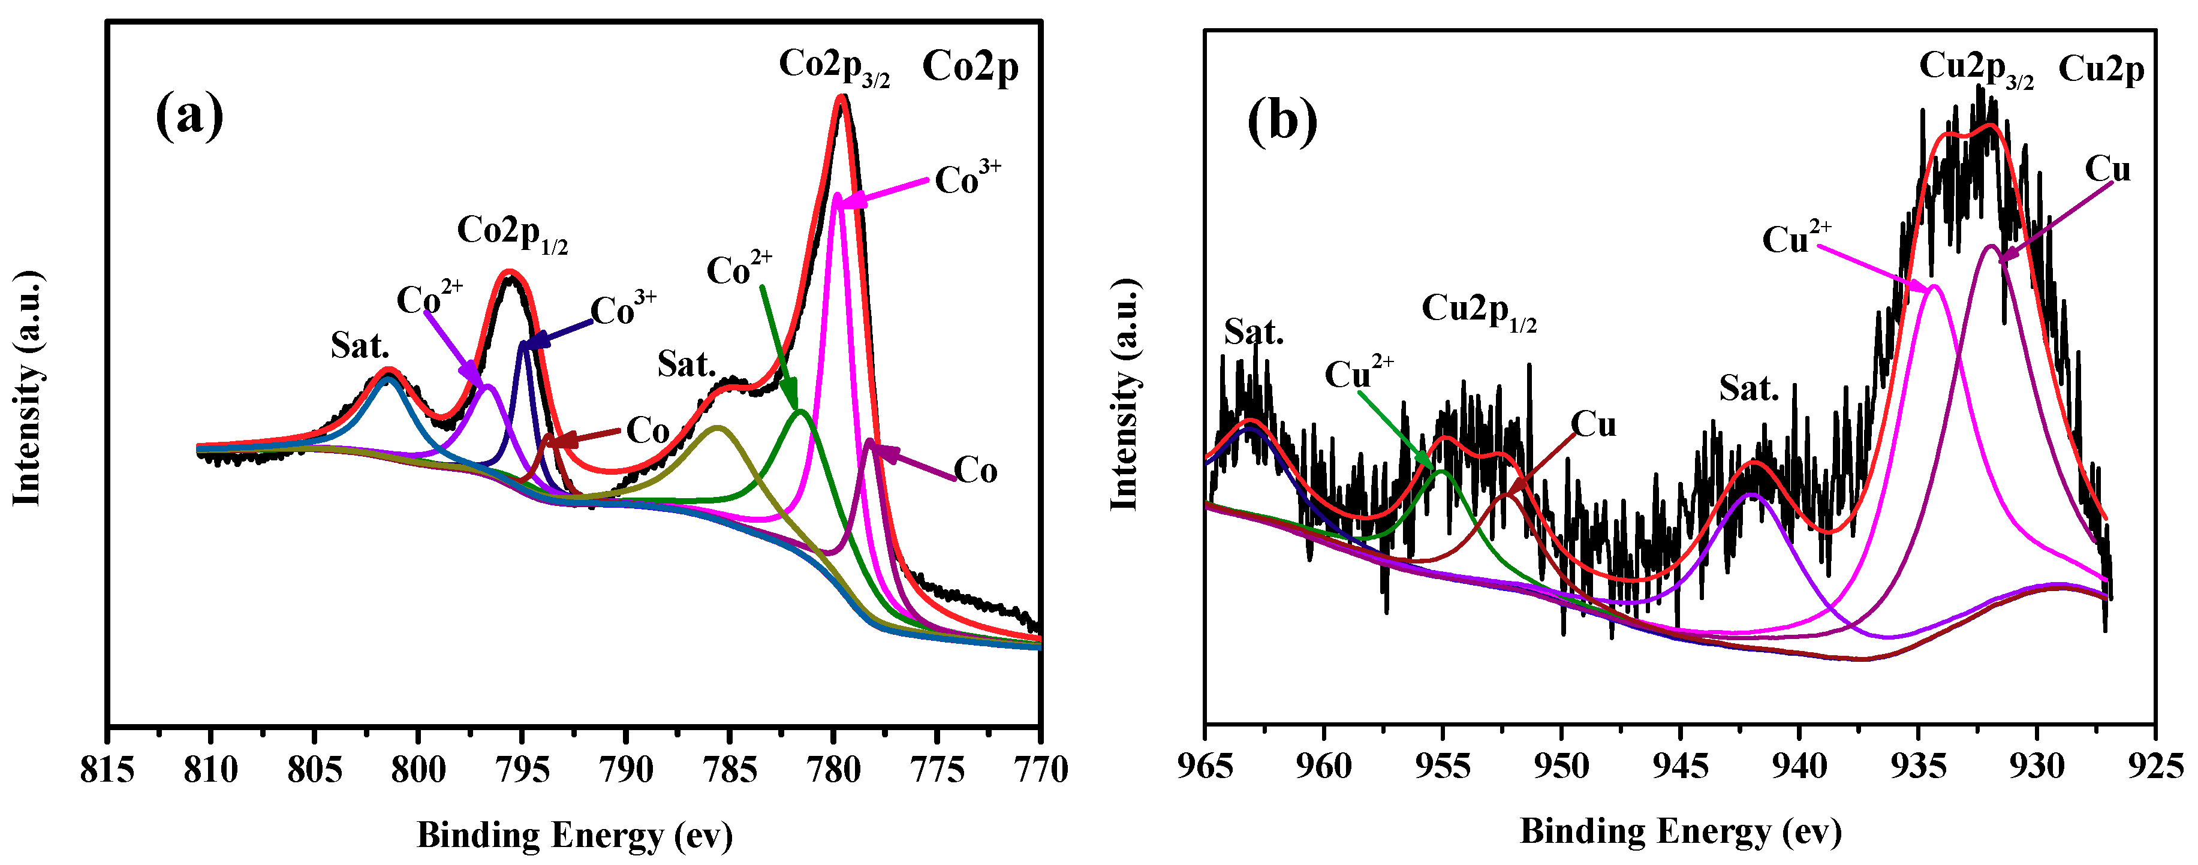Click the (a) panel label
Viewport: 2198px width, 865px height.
point(189,116)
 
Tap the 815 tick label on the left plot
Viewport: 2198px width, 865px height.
point(107,770)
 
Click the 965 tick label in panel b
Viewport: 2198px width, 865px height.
point(1205,766)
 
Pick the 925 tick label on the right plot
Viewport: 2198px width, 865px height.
point(2155,766)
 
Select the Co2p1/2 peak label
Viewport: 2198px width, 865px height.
point(512,233)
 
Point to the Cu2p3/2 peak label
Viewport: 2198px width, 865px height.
point(1976,68)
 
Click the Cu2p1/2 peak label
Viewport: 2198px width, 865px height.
point(1479,311)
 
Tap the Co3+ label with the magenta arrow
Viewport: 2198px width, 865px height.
point(966,178)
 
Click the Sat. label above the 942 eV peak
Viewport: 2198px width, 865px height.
point(1748,389)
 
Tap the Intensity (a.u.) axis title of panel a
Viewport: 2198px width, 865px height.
point(28,388)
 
